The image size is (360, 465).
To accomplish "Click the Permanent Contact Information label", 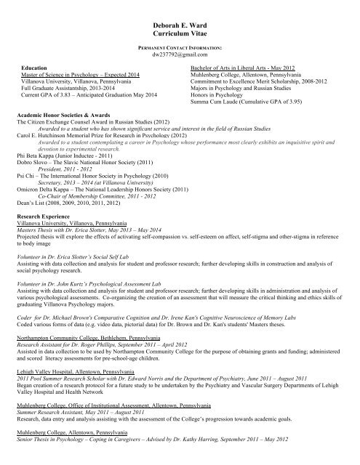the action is tap(179, 46).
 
